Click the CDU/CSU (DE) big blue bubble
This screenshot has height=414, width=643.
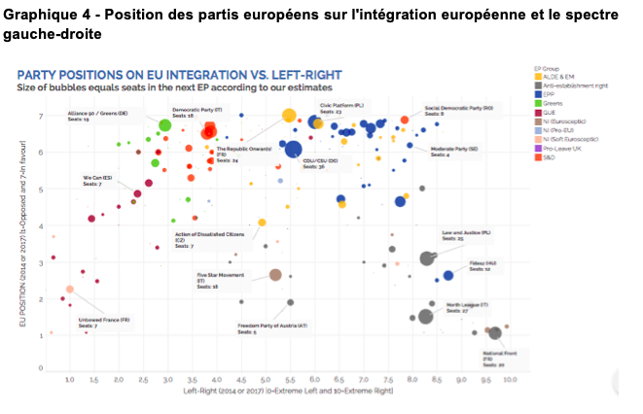293,149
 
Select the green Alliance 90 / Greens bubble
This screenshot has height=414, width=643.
165,125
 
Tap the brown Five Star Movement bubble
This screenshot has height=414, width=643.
275,275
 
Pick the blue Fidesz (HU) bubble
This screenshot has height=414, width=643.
448,276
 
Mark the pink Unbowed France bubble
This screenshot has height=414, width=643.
70,289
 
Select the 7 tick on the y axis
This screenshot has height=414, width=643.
40,117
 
